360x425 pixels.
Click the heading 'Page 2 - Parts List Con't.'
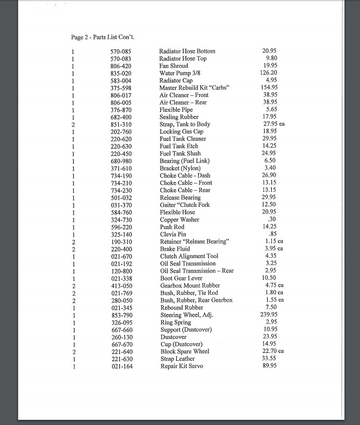coord(103,37)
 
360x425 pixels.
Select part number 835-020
coord(121,73)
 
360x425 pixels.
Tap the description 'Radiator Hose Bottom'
coord(187,51)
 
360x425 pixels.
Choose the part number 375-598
coord(121,88)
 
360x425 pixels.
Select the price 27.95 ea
coord(273,124)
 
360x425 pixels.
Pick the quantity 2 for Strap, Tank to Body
coord(73,124)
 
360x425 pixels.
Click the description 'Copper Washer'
coord(179,220)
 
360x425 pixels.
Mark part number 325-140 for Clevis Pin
coord(121,234)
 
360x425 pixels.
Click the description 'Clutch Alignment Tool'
coord(189,256)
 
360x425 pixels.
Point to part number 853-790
coord(121,315)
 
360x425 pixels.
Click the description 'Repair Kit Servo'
coord(182,366)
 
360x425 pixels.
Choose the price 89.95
coord(269,366)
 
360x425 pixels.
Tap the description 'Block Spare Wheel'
coord(185,351)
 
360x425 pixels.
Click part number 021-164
coord(121,366)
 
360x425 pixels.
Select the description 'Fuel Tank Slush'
coord(180,153)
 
